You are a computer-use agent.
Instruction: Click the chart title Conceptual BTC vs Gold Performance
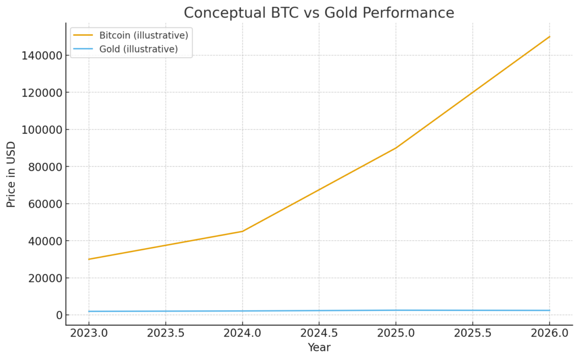click(x=319, y=12)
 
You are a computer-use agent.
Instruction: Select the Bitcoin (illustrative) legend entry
click(x=143, y=35)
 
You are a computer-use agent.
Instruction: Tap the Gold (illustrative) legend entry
click(x=139, y=49)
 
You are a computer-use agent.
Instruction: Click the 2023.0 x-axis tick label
click(x=89, y=333)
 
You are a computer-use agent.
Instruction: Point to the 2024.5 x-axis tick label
click(x=319, y=333)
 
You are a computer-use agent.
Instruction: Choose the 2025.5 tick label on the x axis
click(x=473, y=333)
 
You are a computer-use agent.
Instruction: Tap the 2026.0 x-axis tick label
click(x=550, y=333)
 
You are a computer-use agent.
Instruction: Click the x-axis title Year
click(x=319, y=348)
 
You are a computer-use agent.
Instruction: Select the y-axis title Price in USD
click(x=11, y=174)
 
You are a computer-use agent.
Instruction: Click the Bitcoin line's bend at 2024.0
click(x=243, y=231)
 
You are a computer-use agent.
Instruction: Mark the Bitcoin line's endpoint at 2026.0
click(x=550, y=37)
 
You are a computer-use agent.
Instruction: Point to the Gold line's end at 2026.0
click(x=550, y=310)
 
